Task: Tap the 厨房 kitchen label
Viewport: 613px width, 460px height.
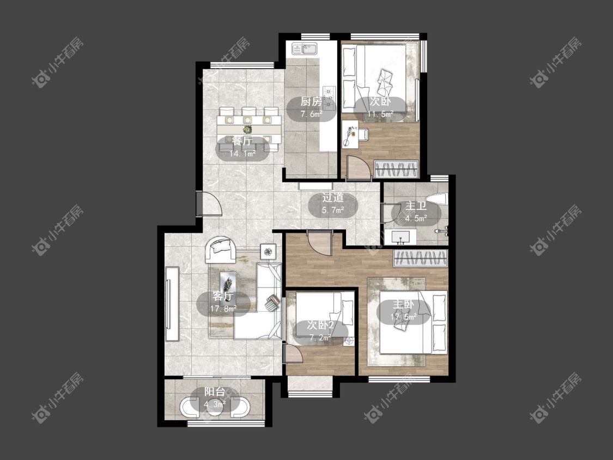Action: (x=311, y=102)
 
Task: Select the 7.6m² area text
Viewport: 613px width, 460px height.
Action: (x=311, y=114)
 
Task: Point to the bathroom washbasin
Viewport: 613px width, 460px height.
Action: (x=398, y=237)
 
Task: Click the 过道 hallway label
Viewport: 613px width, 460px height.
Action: (x=333, y=197)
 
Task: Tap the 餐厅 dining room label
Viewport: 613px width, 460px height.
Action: (x=242, y=141)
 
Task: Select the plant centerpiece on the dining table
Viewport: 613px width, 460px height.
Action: (x=247, y=129)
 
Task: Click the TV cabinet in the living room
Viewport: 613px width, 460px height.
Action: (x=172, y=304)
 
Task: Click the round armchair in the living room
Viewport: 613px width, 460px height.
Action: (x=221, y=249)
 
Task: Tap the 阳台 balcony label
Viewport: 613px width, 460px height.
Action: (x=215, y=391)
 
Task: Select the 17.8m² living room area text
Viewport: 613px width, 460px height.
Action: (x=223, y=308)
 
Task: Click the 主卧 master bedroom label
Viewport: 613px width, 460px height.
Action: (x=403, y=304)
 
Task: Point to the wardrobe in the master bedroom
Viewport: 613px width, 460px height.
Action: (x=420, y=258)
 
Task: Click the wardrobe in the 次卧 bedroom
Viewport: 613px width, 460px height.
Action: (x=396, y=169)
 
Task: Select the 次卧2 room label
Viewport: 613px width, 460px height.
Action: (x=320, y=325)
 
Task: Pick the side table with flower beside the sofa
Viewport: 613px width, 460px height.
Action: (x=268, y=252)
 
